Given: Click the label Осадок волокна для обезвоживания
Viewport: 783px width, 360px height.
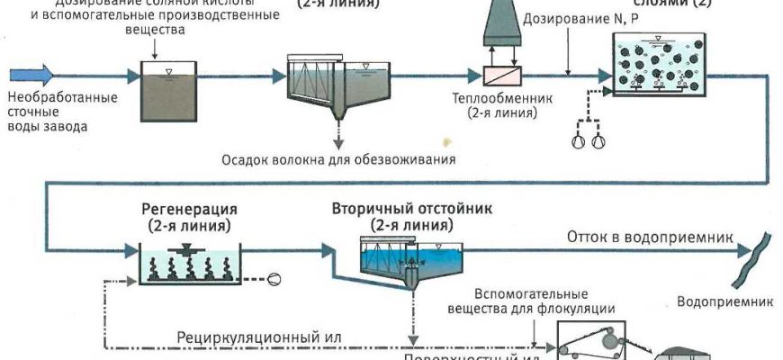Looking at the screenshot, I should (x=338, y=160).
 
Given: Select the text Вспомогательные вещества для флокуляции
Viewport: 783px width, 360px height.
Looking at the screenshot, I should (x=531, y=301).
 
